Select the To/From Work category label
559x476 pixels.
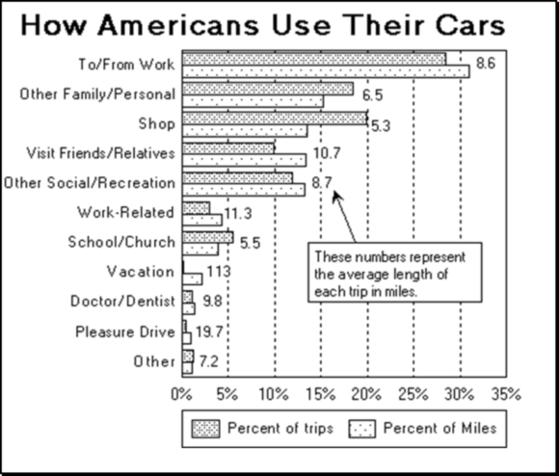coord(125,66)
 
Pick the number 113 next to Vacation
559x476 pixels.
coord(219,271)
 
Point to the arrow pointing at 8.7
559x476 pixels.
coord(344,217)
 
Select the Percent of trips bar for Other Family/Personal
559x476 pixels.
coord(267,89)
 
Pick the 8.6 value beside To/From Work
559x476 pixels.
coord(486,64)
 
